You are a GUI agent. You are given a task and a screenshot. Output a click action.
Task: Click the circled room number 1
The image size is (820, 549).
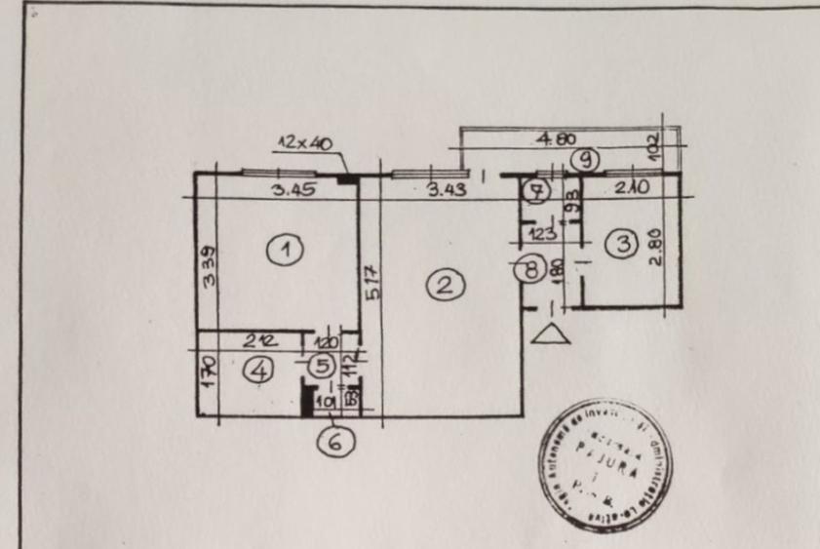pyautogui.click(x=285, y=250)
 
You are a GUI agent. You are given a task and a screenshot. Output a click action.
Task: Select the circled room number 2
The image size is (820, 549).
pyautogui.click(x=445, y=285)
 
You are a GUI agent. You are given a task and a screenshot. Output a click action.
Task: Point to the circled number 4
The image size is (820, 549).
pyautogui.click(x=257, y=371)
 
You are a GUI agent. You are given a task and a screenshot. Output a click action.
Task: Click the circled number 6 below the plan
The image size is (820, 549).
pyautogui.click(x=335, y=441)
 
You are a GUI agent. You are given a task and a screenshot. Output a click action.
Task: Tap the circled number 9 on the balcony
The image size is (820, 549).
pyautogui.click(x=584, y=157)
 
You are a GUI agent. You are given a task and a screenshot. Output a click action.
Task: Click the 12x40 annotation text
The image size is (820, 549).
pyautogui.click(x=304, y=143)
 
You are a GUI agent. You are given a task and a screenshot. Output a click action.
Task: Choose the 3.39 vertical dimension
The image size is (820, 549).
pyautogui.click(x=208, y=265)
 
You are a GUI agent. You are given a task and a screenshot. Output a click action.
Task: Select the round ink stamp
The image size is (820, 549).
pyautogui.click(x=605, y=467)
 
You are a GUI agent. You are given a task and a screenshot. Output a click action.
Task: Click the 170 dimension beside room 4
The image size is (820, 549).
pyautogui.click(x=208, y=373)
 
